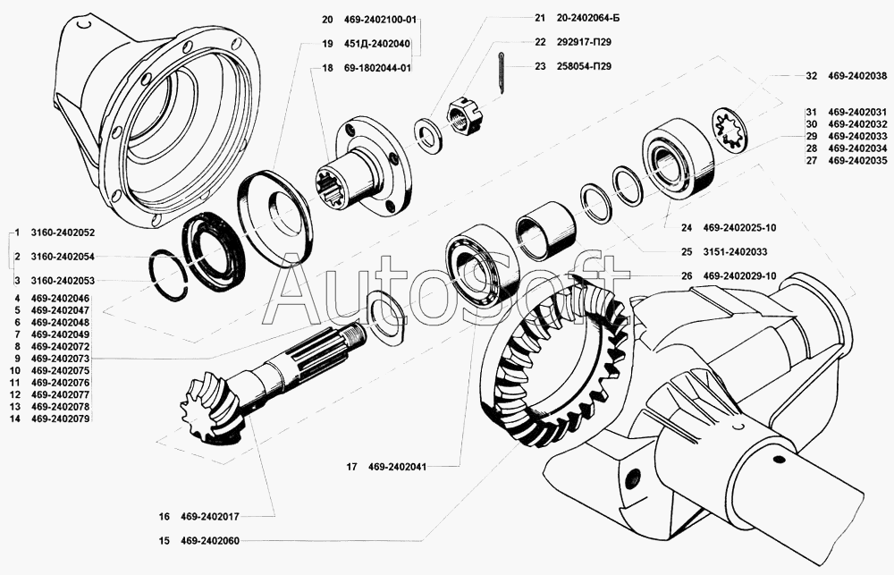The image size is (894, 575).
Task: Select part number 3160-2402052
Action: [x=63, y=233]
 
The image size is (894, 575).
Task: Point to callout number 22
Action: [x=539, y=41]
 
